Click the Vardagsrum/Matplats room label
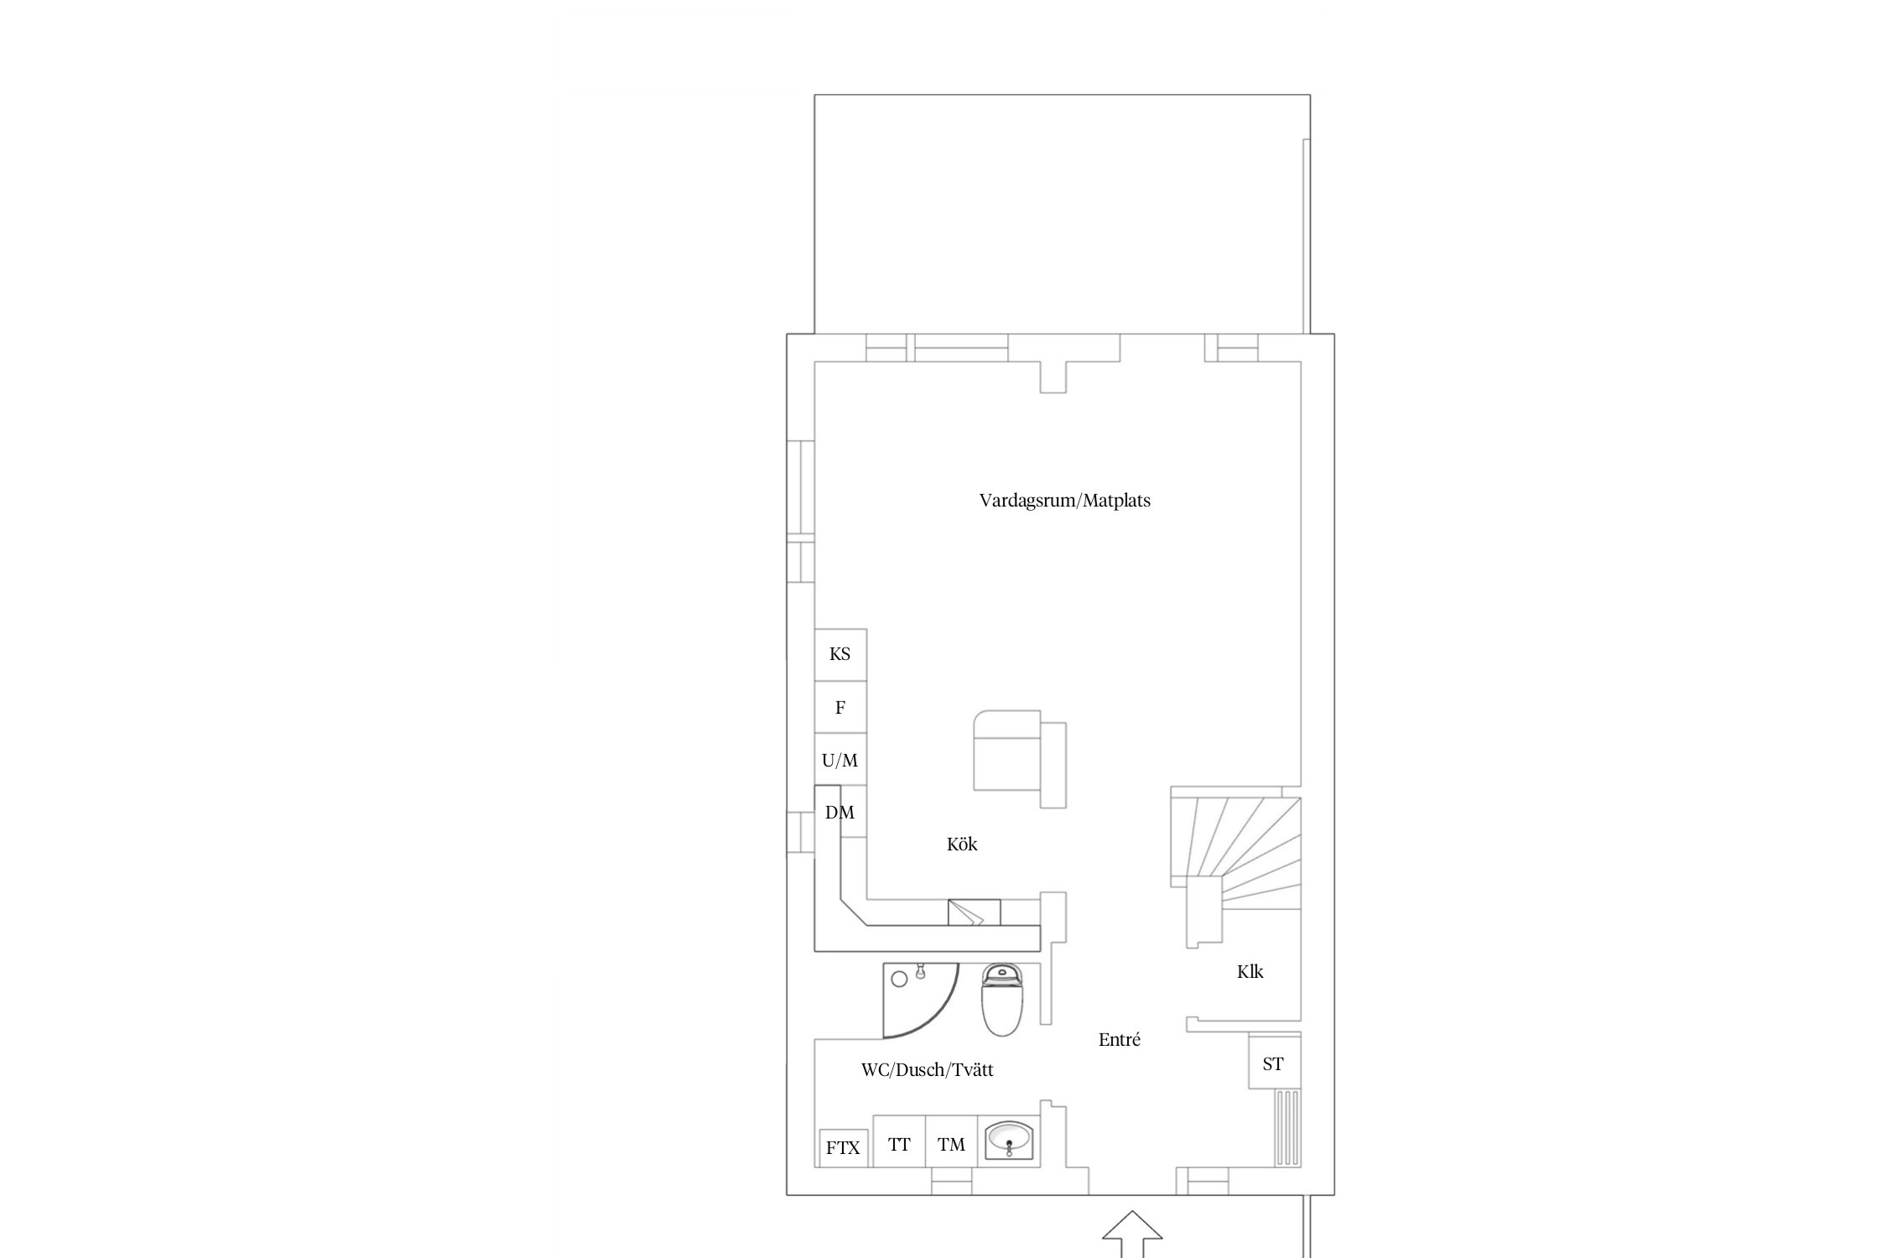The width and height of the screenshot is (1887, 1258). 1065,501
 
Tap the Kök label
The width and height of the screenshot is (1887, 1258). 962,845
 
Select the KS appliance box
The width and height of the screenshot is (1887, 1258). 840,655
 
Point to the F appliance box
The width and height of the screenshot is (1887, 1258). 840,707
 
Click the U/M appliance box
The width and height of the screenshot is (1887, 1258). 840,760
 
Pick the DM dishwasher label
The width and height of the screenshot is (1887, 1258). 840,813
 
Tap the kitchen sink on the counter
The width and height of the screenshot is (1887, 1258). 974,912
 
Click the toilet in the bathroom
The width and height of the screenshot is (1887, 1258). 1002,1000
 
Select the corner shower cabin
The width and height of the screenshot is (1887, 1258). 919,1000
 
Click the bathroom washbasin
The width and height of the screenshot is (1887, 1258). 1009,1141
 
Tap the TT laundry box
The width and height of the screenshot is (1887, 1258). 899,1141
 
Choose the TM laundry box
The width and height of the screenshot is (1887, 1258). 952,1141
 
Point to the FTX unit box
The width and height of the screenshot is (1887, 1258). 844,1148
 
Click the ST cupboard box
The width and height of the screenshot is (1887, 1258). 1274,1063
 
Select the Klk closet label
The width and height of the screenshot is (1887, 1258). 1250,972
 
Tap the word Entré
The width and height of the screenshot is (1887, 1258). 1120,1040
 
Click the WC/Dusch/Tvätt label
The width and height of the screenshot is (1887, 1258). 928,1070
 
